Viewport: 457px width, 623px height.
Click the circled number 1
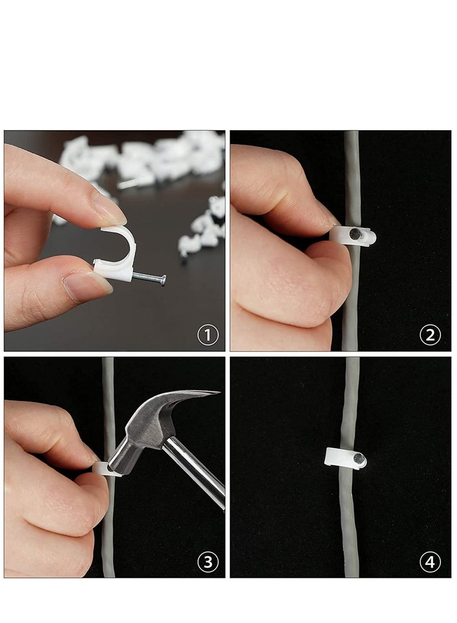(208, 335)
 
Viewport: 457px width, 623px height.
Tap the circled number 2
(430, 335)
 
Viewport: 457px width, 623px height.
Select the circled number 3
(208, 562)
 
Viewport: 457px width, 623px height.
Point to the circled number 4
(430, 562)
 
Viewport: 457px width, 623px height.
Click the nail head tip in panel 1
(163, 280)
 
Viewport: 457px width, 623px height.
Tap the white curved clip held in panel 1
(123, 251)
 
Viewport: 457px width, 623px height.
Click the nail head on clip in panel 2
(356, 233)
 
